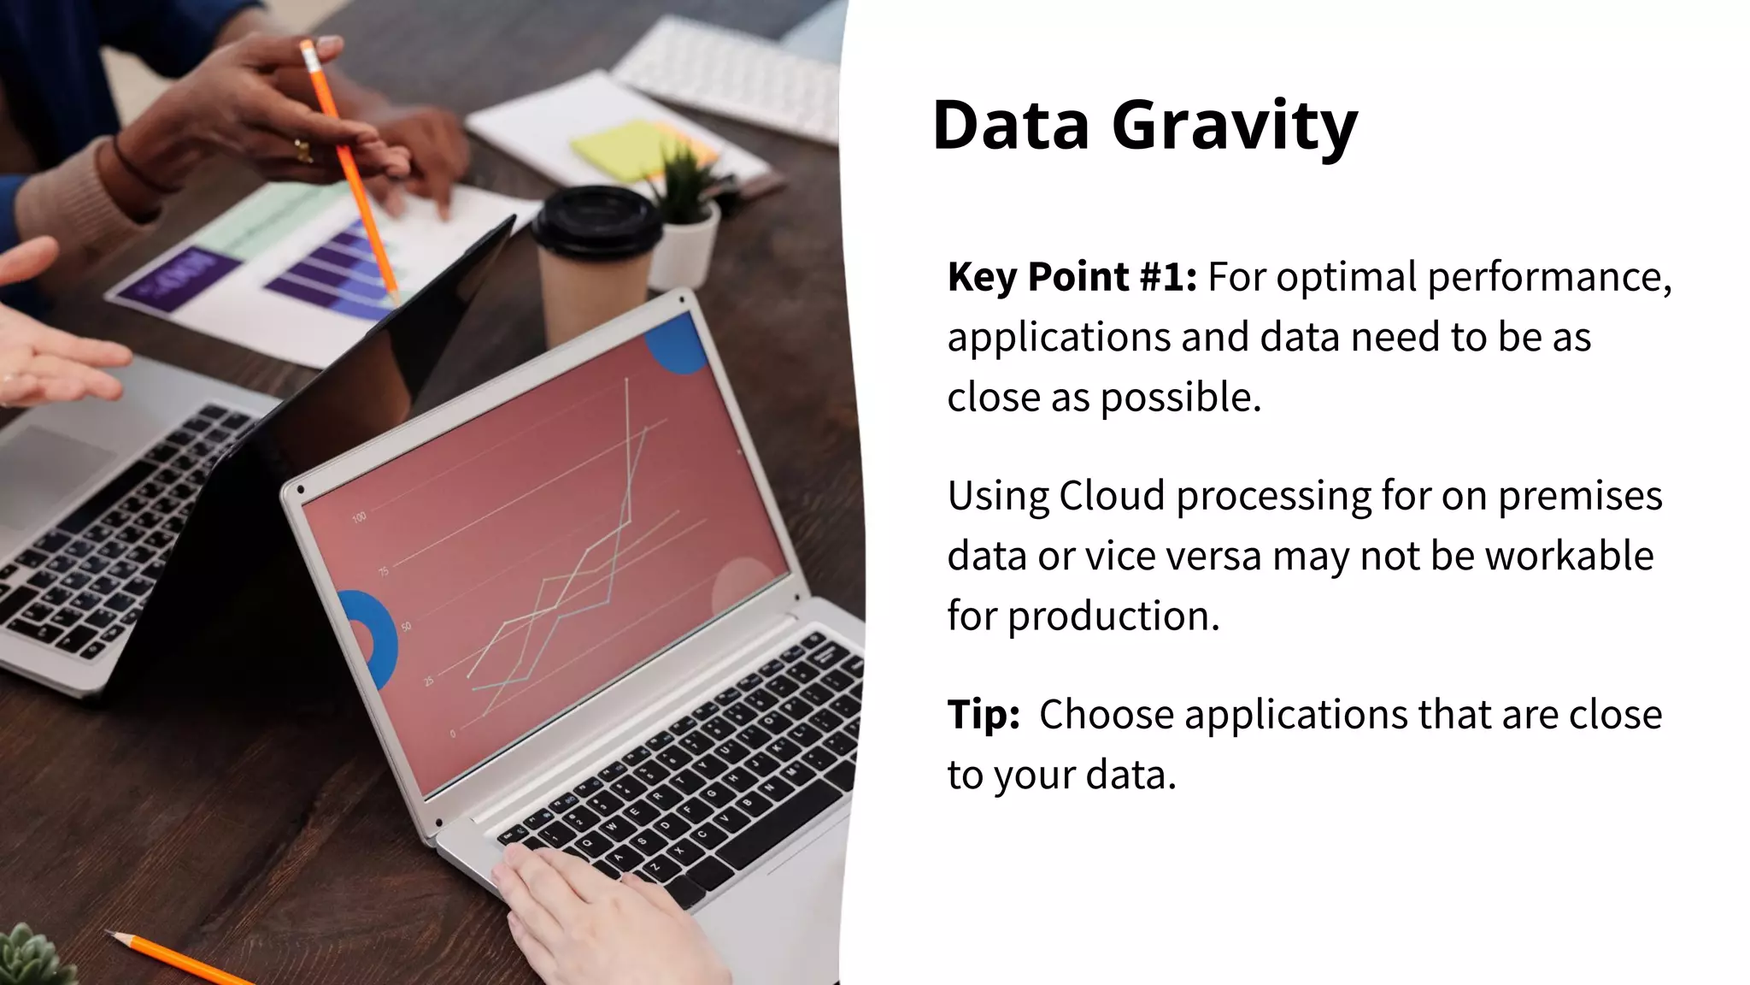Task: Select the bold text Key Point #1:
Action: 1072,277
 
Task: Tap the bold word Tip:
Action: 983,715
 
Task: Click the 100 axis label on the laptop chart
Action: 359,516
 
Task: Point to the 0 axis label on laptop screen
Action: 453,734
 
